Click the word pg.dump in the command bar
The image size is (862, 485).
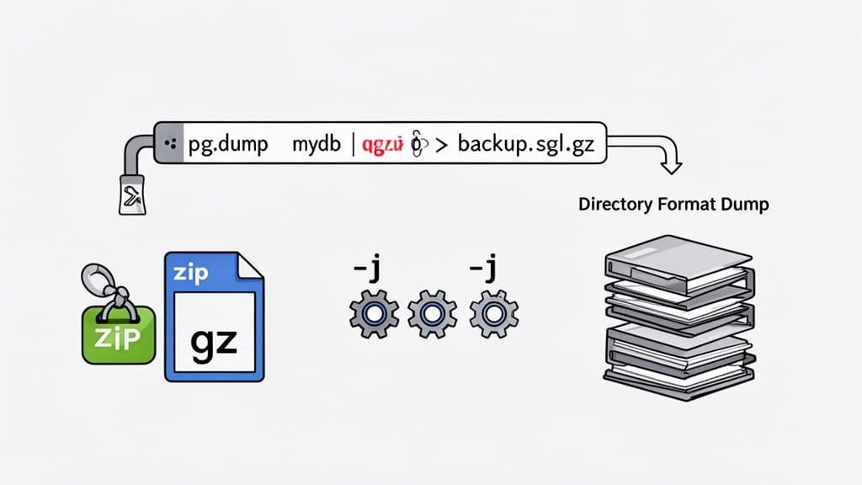[226, 144]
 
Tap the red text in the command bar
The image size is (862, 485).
[383, 145]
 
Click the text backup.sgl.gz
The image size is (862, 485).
[526, 144]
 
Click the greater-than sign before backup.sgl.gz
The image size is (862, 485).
[439, 145]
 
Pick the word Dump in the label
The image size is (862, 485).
[743, 205]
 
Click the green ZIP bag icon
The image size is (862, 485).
[117, 334]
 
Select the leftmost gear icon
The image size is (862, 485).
[372, 314]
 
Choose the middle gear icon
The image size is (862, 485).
[432, 314]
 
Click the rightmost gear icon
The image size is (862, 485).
[493, 314]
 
